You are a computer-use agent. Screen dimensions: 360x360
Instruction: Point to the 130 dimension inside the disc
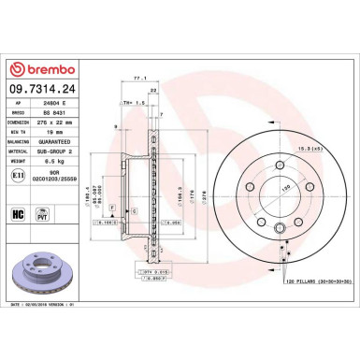click(x=249, y=187)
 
